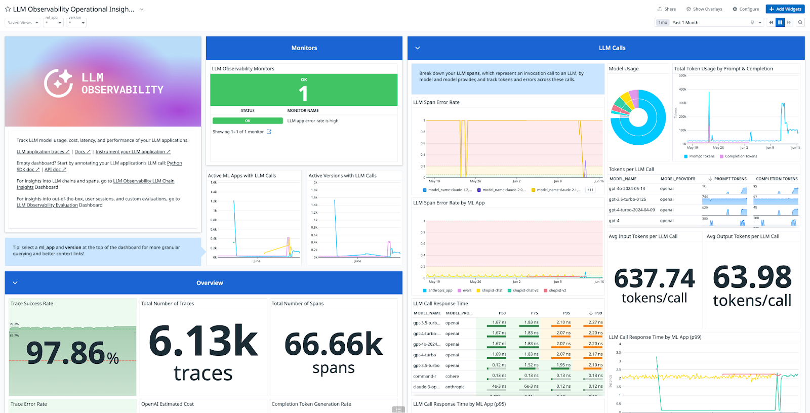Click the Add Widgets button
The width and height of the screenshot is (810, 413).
[x=785, y=9]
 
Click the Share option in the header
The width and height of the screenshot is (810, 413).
[x=667, y=9]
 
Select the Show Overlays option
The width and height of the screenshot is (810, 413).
[x=704, y=9]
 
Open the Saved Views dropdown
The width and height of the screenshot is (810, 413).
[x=23, y=23]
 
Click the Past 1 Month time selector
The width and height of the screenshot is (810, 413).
[x=709, y=23]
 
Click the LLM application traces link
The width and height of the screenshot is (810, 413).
[x=43, y=152]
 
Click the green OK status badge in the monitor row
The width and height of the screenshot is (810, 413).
[x=248, y=121]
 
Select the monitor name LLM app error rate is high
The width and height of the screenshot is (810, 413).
[x=313, y=121]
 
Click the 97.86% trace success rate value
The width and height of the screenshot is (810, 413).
[x=72, y=353]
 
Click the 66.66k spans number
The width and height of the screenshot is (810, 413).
[x=334, y=345]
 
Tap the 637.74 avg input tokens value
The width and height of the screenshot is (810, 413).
[x=654, y=279]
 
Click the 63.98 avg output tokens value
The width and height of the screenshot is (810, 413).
[x=752, y=277]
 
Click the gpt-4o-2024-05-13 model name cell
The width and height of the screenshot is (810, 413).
[x=627, y=189]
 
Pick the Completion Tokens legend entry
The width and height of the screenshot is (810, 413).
[x=741, y=156]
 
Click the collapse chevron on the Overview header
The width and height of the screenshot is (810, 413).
[x=15, y=283]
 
